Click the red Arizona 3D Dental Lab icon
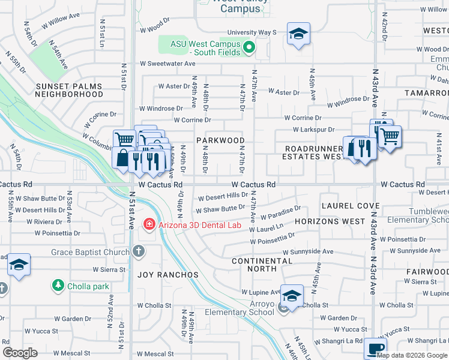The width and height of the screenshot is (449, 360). click(148, 225)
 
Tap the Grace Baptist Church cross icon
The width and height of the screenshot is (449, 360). click(139, 251)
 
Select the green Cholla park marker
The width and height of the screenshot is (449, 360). click(58, 285)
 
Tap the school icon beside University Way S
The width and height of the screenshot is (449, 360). click(298, 34)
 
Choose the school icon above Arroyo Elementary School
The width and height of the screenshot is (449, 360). click(292, 296)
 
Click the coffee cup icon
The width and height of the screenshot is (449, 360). click(375, 349)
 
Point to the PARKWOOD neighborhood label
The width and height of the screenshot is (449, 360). click(220, 140)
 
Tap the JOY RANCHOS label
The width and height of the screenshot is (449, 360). click(168, 275)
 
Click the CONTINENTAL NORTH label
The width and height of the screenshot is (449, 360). click(262, 265)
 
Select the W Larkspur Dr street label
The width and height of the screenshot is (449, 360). click(313, 130)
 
